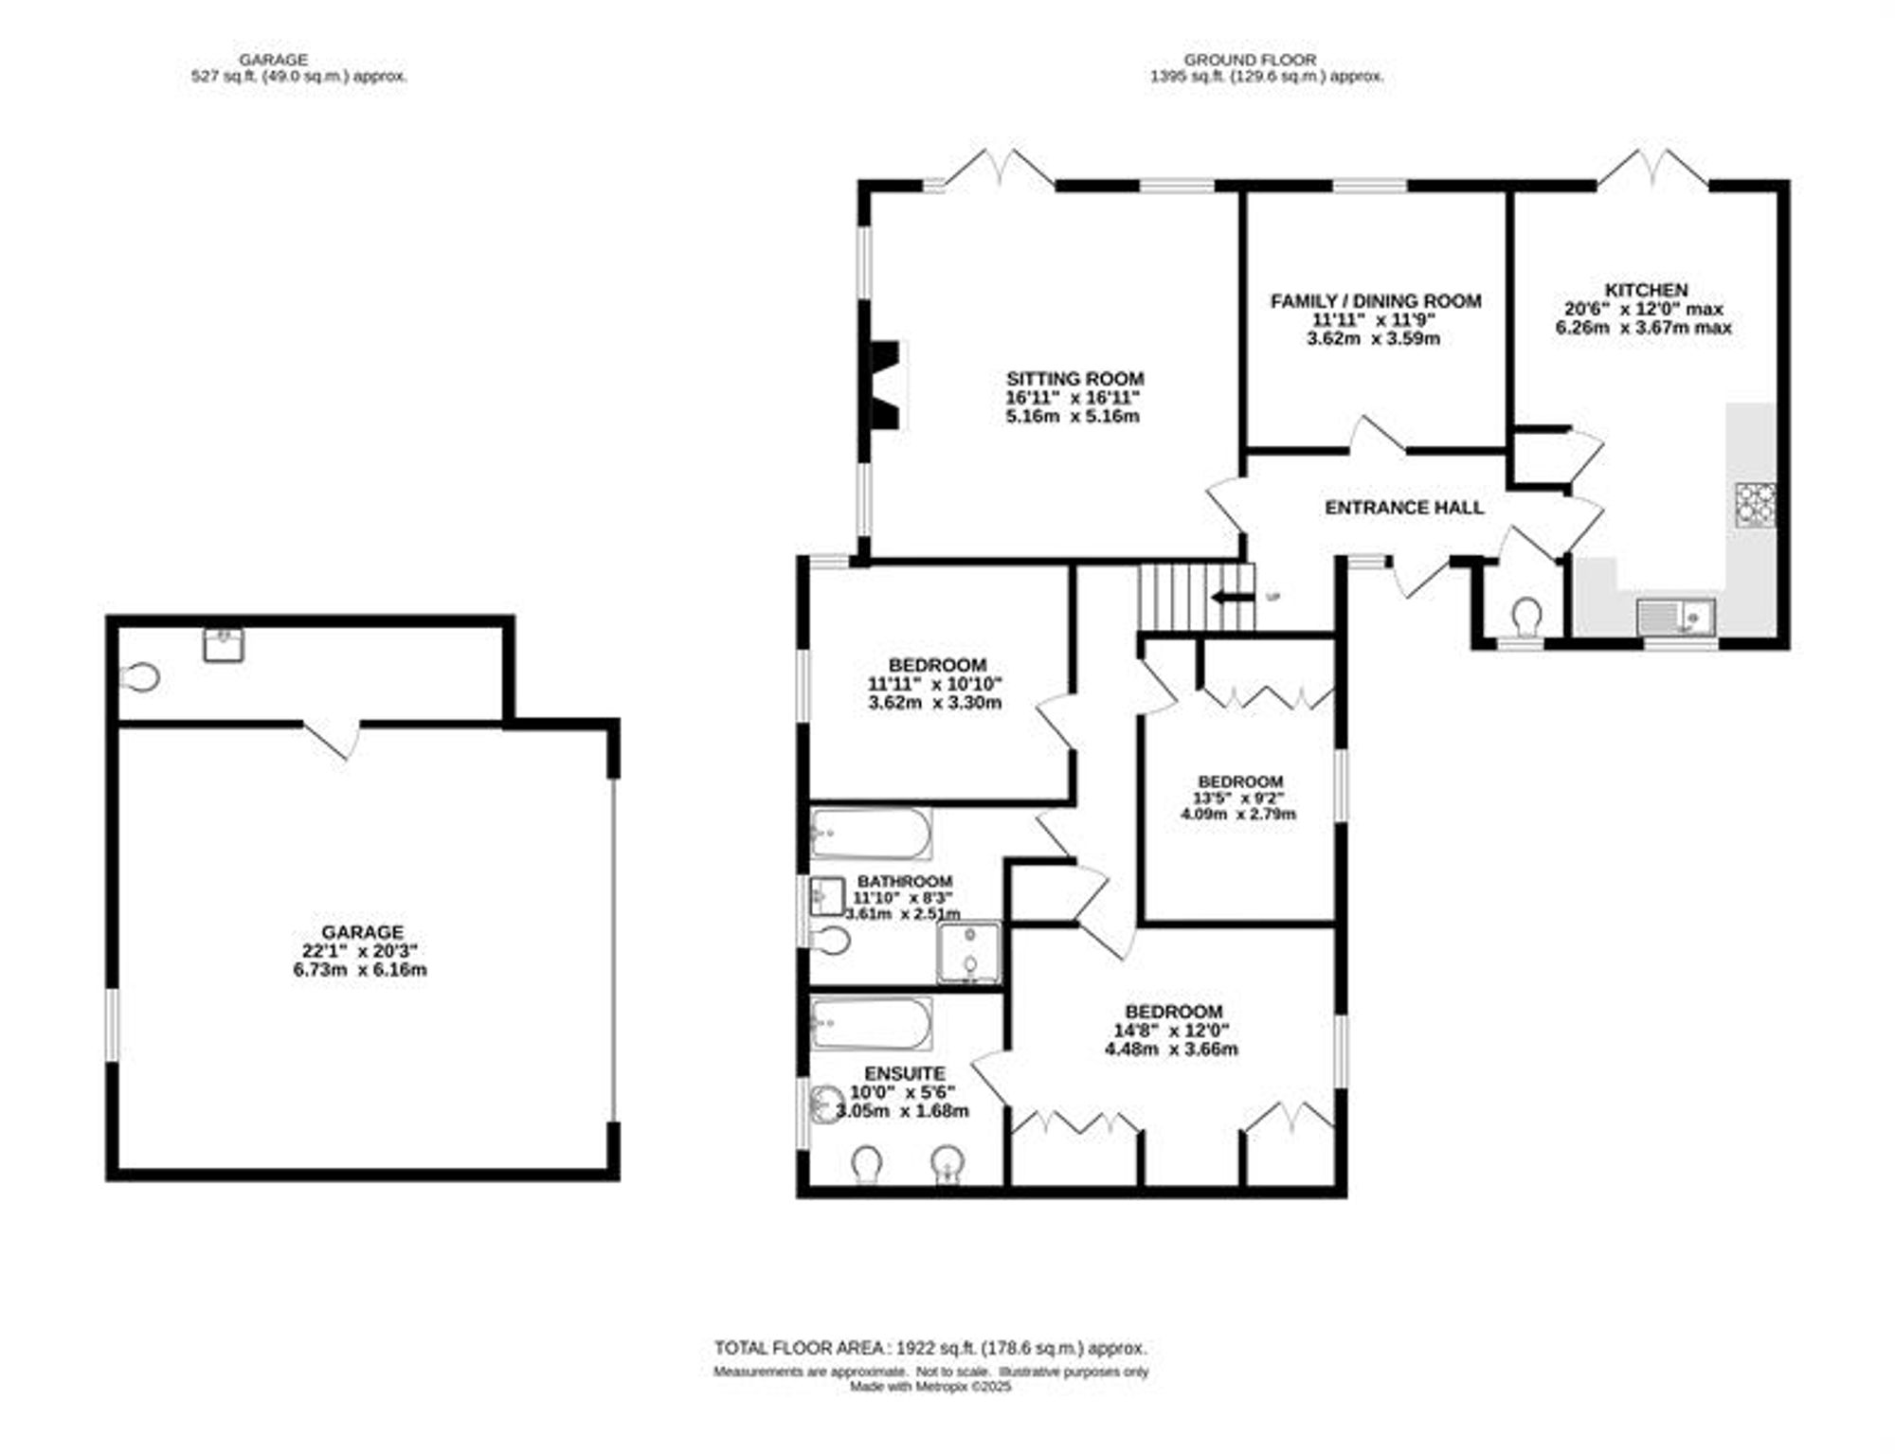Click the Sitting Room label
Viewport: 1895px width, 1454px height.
pyautogui.click(x=1074, y=379)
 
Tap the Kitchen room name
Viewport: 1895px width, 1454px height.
pyautogui.click(x=1646, y=290)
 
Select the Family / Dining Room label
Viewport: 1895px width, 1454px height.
pyautogui.click(x=1376, y=301)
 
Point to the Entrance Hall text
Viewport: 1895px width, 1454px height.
pyautogui.click(x=1404, y=508)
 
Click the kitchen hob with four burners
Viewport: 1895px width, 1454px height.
pyautogui.click(x=1755, y=505)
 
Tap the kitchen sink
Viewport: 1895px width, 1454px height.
pyautogui.click(x=1675, y=616)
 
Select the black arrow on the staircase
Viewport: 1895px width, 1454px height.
pyautogui.click(x=1230, y=597)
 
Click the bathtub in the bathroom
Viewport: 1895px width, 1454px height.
pyautogui.click(x=871, y=833)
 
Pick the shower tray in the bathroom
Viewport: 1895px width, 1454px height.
pyautogui.click(x=968, y=952)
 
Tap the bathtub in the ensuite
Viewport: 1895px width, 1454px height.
pyautogui.click(x=871, y=1023)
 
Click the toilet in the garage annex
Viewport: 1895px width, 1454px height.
pyautogui.click(x=140, y=677)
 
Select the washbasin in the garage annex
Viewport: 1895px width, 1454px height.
pyautogui.click(x=224, y=644)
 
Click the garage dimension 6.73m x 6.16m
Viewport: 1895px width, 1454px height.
pyautogui.click(x=360, y=970)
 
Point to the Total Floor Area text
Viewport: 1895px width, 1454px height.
pyautogui.click(x=930, y=1348)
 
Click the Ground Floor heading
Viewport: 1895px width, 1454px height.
pyautogui.click(x=1250, y=60)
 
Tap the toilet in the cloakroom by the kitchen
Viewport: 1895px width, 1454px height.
pyautogui.click(x=1525, y=617)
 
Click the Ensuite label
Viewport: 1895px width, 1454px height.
pyautogui.click(x=905, y=1073)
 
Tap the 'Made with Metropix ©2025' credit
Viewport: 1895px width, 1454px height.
pyautogui.click(x=930, y=1387)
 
